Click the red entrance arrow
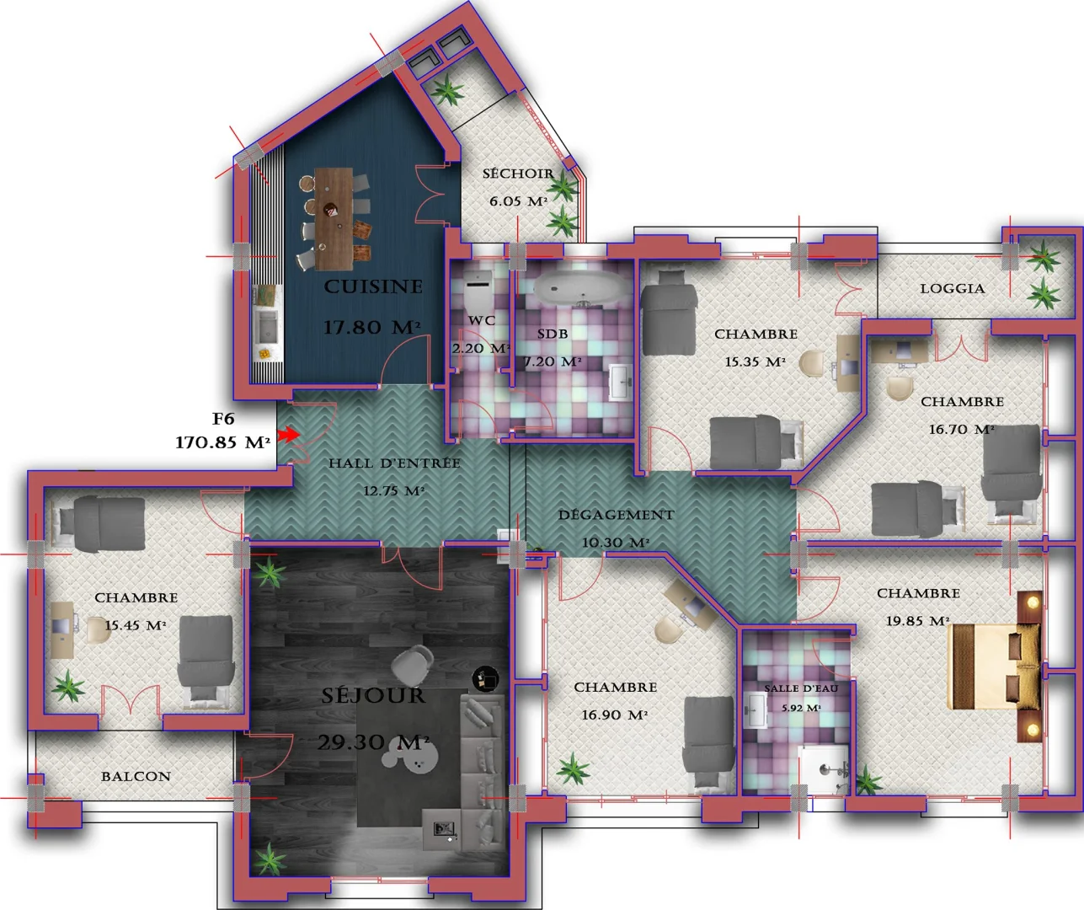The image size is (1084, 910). point(288,434)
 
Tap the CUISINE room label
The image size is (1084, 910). point(373,287)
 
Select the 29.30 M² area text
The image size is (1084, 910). point(373,742)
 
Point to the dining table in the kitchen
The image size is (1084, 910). point(334,217)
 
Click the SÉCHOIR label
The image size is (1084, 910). point(518,174)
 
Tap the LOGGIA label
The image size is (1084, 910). point(952,288)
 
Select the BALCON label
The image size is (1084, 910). point(136,776)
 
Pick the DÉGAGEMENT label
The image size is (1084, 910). point(616,515)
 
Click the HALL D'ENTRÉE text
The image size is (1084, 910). point(394,463)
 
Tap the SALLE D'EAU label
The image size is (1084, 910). point(800,688)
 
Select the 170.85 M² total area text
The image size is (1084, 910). point(222,442)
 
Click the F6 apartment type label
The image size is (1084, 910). point(223,419)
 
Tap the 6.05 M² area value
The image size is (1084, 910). point(518,201)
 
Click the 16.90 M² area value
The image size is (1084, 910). point(614,715)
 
